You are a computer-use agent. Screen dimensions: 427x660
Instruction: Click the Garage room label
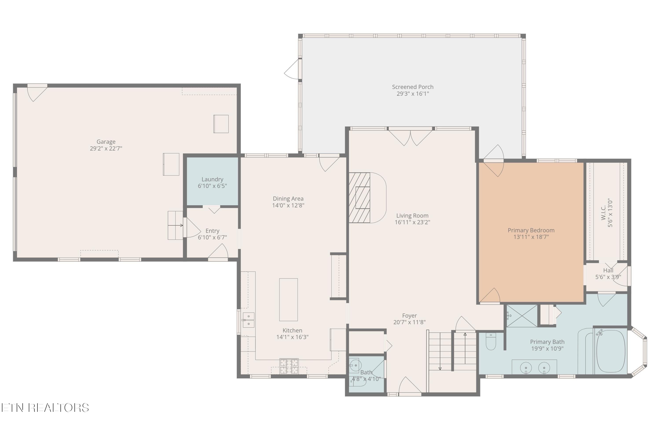tap(106, 142)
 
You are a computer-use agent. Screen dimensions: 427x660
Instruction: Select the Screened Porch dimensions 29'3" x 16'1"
tap(413, 94)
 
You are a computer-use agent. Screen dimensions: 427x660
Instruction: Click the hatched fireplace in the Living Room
tap(359, 198)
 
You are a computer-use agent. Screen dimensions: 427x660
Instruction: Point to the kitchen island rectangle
tap(288, 299)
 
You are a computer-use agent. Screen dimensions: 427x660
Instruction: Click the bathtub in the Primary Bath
tap(611, 351)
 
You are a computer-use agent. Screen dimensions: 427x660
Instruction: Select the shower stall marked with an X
tap(522, 316)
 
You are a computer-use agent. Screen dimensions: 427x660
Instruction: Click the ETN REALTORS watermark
tap(45, 408)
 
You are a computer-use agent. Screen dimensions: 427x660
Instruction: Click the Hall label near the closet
tap(608, 270)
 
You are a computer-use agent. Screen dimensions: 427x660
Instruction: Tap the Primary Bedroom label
tap(531, 230)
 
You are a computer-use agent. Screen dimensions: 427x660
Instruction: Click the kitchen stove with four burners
tap(289, 366)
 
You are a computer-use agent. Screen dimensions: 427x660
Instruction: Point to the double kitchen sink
tap(248, 320)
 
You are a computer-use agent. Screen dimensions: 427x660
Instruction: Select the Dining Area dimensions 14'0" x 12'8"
tap(288, 205)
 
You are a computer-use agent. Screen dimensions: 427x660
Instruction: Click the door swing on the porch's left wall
tap(292, 69)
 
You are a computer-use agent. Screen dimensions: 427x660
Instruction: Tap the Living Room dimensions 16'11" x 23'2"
tap(412, 222)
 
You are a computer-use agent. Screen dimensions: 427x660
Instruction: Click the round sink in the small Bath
tap(355, 365)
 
